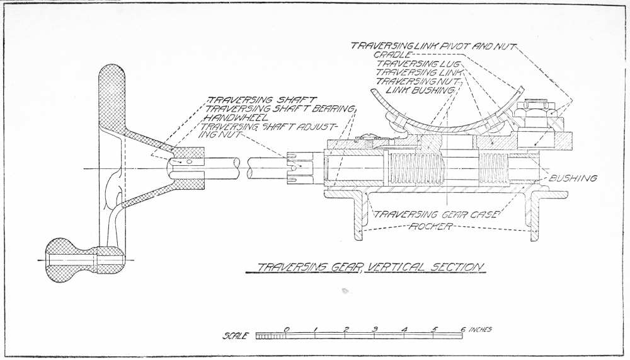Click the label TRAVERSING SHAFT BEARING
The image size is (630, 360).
[x=281, y=108]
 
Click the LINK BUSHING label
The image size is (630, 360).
[x=415, y=91]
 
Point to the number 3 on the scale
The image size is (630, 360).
[x=374, y=329]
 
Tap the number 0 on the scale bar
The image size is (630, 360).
[x=287, y=329]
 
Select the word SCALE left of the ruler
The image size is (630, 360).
[x=236, y=336]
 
